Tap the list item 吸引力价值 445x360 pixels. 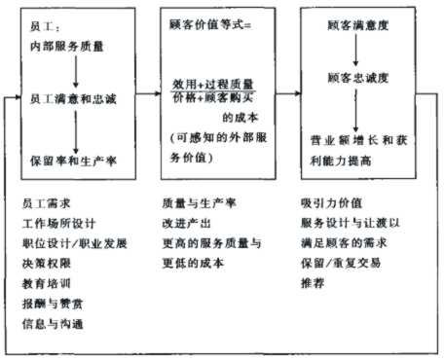click(x=332, y=203)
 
